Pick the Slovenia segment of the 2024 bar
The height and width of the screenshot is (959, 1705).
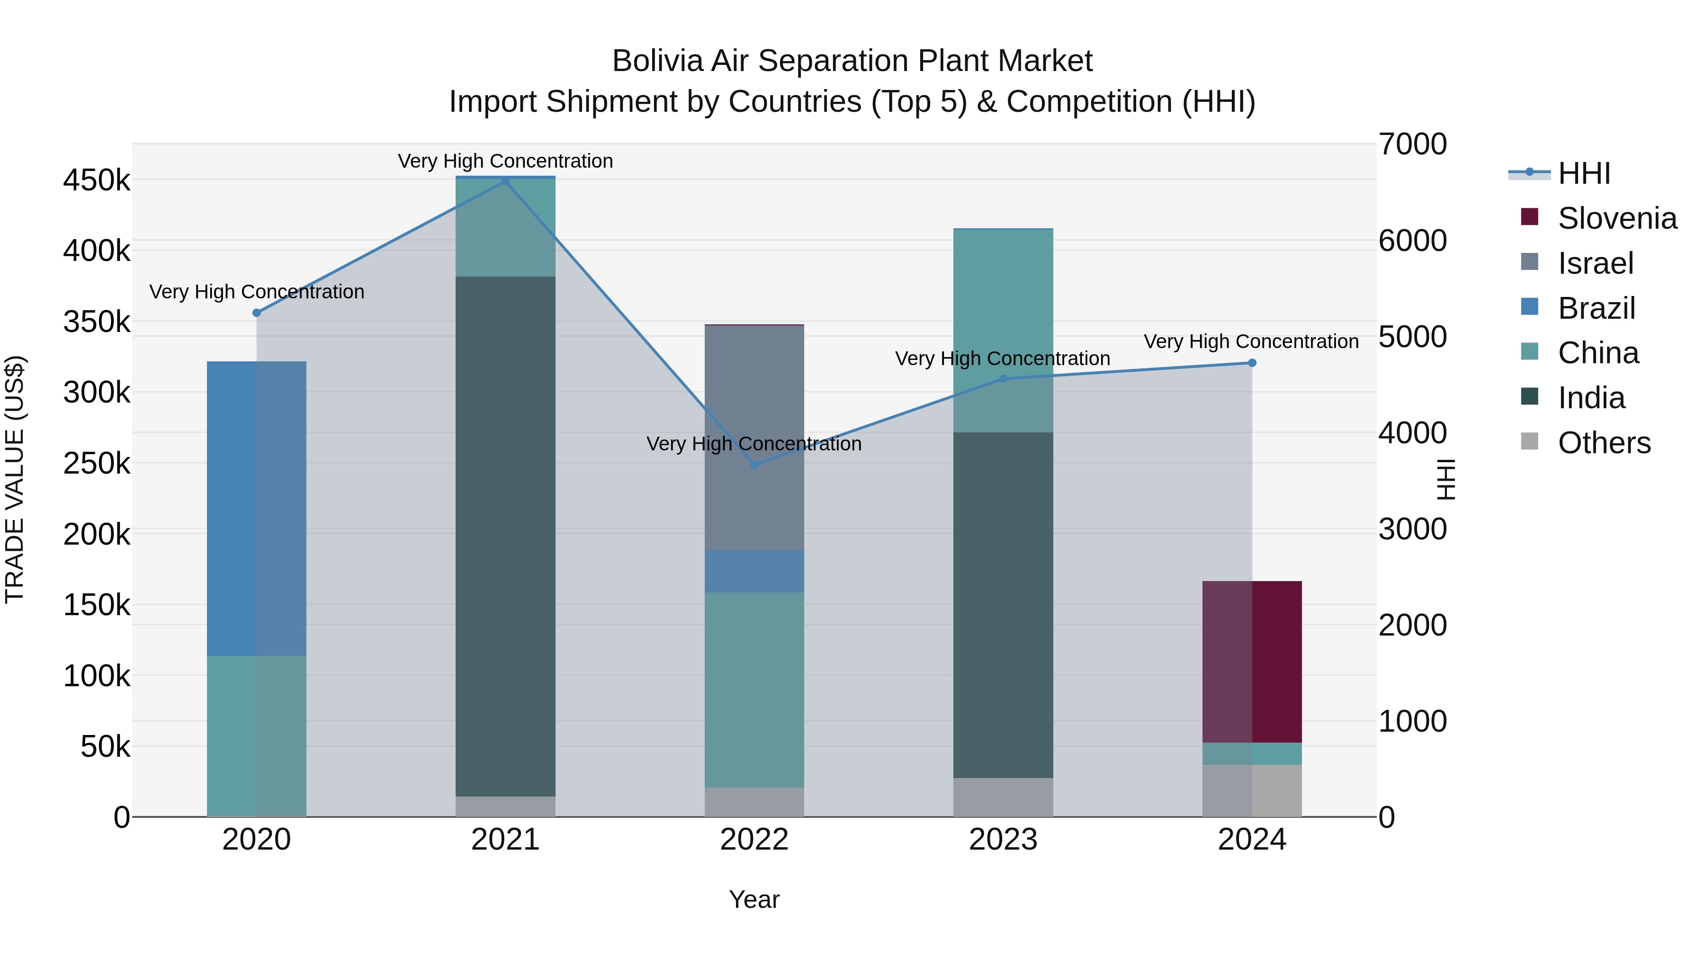1252,662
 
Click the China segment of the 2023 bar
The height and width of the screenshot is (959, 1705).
1003,331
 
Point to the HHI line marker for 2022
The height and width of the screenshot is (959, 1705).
754,465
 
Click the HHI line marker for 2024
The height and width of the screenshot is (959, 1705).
1252,363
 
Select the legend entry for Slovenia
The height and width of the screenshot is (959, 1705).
1617,218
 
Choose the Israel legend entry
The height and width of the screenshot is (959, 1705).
1595,263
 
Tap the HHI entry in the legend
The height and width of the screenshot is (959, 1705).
1583,173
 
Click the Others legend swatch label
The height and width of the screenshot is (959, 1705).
1604,443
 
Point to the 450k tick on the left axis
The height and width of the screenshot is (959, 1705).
97,180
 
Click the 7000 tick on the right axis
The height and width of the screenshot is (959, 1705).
1412,144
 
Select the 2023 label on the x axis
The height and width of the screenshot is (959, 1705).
1003,840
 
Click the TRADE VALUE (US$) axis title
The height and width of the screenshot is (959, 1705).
15,479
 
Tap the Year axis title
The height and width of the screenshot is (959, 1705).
754,899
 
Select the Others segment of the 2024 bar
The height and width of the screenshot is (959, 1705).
1252,790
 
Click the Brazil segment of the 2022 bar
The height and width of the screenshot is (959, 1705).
754,571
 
